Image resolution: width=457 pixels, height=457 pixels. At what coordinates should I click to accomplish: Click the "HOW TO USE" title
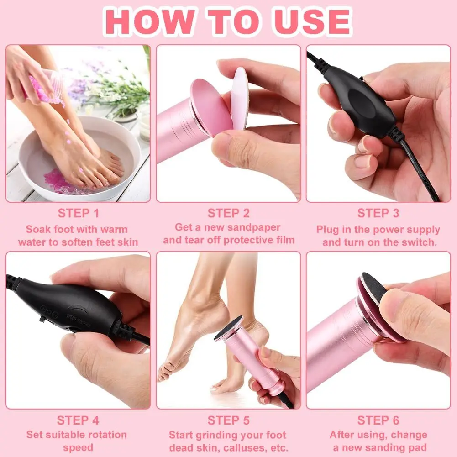tap(228, 21)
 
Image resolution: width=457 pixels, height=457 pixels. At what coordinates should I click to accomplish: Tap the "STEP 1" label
tap(78, 213)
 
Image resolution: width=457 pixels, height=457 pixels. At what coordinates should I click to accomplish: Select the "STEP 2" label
tap(228, 213)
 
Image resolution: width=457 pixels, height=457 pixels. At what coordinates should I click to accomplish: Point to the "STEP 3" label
tap(378, 213)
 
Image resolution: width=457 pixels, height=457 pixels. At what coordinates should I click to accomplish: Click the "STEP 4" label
tap(78, 420)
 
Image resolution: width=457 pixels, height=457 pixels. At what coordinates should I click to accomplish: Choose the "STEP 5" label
tap(228, 420)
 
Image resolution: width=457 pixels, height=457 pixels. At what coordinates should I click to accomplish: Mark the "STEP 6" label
tap(378, 420)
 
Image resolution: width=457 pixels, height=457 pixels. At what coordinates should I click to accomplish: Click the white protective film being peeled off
tap(239, 98)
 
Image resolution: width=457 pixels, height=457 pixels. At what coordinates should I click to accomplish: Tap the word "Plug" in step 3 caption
tap(328, 229)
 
